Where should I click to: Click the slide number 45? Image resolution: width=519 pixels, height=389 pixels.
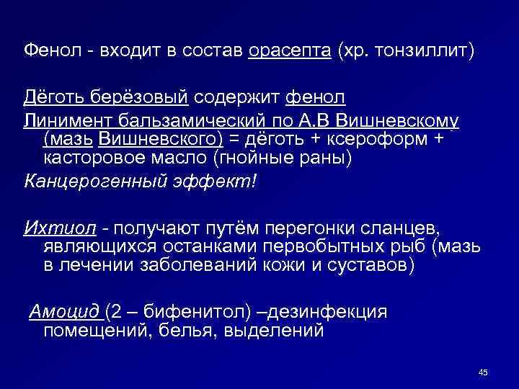tap(482, 372)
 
